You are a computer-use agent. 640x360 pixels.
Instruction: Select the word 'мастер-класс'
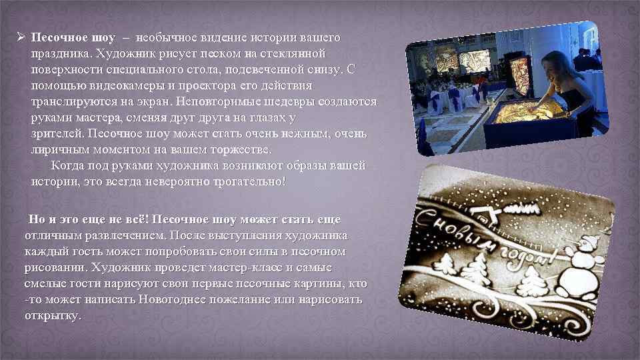coord(243,267)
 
